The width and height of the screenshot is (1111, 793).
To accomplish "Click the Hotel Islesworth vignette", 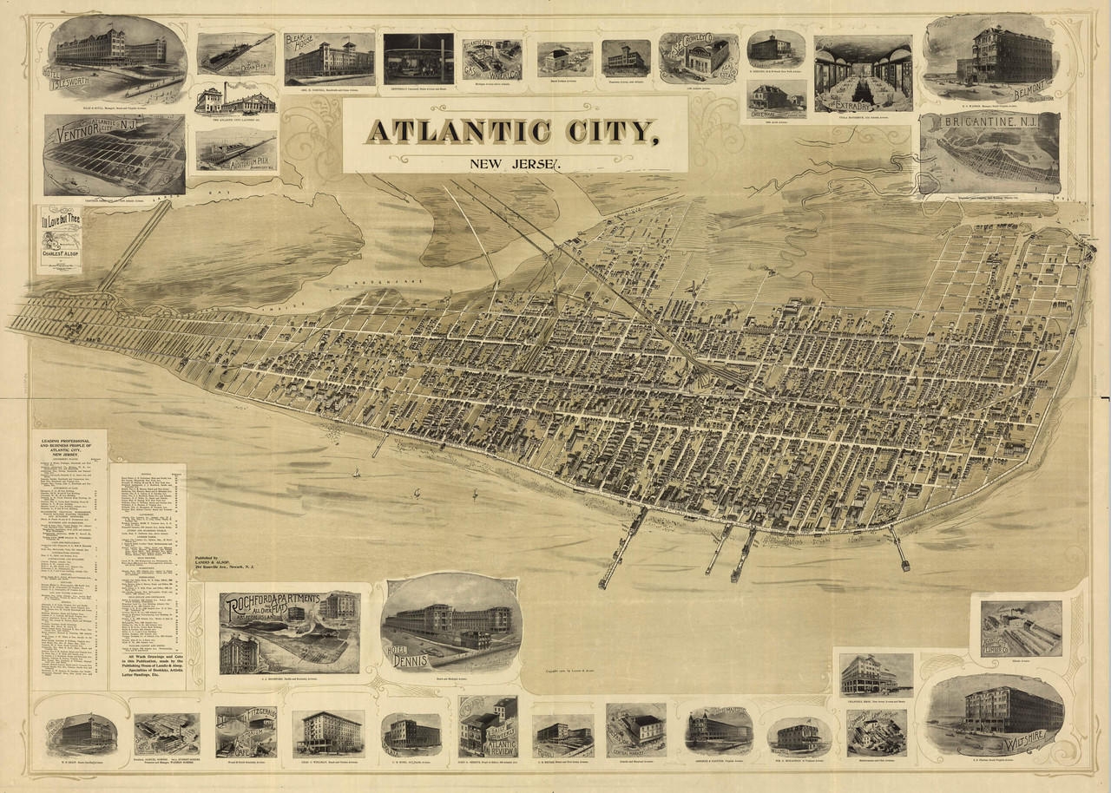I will click(116, 56).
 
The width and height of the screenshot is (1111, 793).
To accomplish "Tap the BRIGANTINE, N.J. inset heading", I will click(989, 126).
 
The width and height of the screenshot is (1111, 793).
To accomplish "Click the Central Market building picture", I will click(636, 729).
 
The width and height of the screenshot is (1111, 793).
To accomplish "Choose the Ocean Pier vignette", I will click(236, 54).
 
